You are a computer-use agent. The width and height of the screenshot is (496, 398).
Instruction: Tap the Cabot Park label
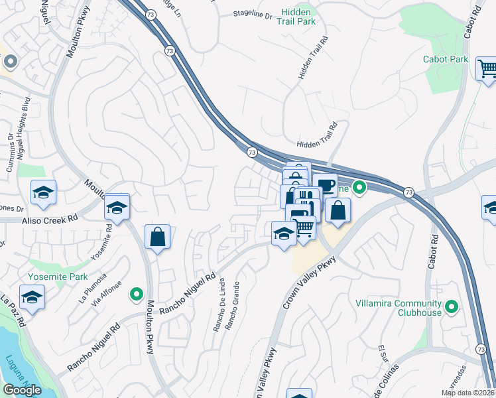pyautogui.click(x=446, y=59)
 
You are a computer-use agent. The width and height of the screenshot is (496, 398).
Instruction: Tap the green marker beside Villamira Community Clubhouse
pyautogui.click(x=452, y=306)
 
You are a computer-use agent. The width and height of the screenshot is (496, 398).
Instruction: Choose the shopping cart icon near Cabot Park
pyautogui.click(x=487, y=68)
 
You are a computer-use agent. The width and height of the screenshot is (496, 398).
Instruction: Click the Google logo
pyautogui.click(x=22, y=389)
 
